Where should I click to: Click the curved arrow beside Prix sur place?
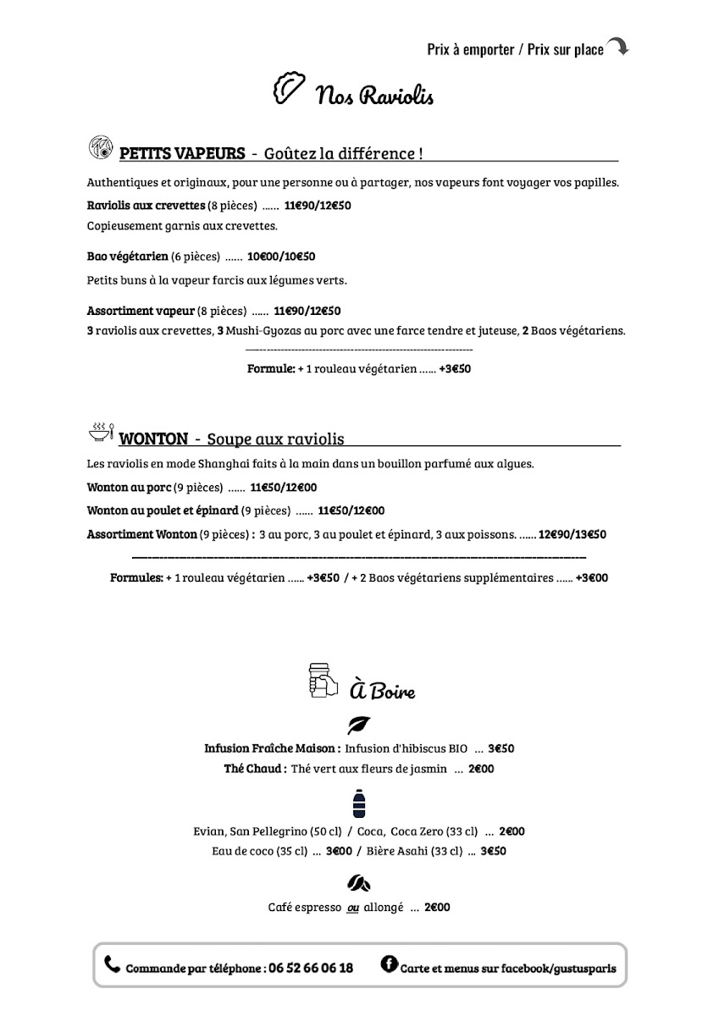tap(617, 47)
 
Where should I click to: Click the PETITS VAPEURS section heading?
tap(182, 153)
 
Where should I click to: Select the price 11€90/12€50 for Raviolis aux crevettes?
tap(318, 205)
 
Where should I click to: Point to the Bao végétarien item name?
tap(127, 256)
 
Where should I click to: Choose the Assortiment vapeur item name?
tap(141, 311)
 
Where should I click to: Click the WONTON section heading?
tap(153, 439)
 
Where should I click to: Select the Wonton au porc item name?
tap(129, 487)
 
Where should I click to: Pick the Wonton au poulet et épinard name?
tap(163, 511)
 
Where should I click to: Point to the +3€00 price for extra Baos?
tap(591, 578)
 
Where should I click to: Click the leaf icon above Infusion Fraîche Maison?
tap(359, 726)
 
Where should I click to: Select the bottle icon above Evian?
tap(359, 803)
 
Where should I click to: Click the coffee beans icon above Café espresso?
tap(359, 884)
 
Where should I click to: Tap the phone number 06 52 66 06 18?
tap(311, 968)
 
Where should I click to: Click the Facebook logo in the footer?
tap(390, 964)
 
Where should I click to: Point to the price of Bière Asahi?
tap(493, 851)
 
